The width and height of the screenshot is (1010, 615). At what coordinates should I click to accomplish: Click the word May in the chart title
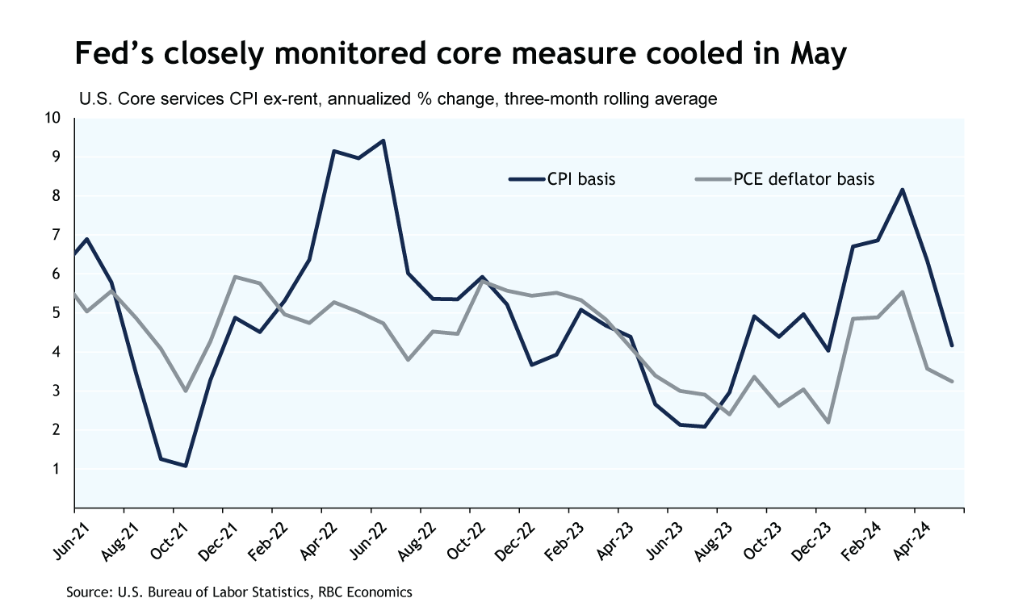tap(813, 55)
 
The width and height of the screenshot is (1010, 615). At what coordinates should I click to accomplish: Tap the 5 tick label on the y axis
tap(57, 313)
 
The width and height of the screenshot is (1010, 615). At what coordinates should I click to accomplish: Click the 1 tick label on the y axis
tap(57, 469)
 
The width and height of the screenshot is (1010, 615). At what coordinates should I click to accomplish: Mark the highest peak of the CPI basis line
tap(383, 140)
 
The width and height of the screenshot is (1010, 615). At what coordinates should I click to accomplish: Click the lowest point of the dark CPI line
tap(185, 466)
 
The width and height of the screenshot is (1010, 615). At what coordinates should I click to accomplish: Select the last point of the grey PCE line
tap(952, 381)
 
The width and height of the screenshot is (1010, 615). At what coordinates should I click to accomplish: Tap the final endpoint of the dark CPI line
tap(952, 345)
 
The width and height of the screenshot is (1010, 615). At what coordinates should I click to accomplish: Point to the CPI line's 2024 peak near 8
tap(903, 190)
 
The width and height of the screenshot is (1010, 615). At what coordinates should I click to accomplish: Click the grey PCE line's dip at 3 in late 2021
tap(185, 391)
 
